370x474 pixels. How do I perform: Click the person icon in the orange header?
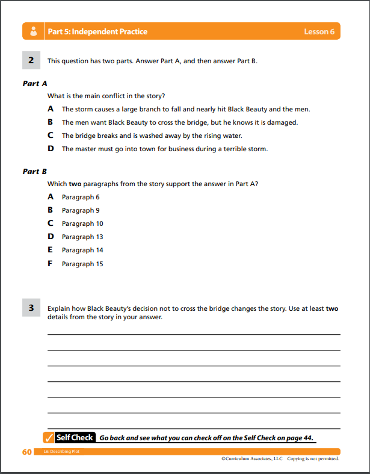[x=33, y=31]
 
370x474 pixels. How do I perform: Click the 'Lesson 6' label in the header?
[x=319, y=31]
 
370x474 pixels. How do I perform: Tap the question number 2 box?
[x=31, y=60]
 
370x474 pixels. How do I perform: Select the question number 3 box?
[x=31, y=308]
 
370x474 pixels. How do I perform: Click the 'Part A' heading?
[x=35, y=84]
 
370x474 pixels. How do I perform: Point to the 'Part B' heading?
[x=35, y=172]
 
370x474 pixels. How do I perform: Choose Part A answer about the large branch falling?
[x=186, y=109]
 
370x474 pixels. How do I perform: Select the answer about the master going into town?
[x=164, y=149]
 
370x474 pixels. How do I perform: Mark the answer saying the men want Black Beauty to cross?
[x=179, y=122]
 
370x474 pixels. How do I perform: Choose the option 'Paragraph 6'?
[x=81, y=197]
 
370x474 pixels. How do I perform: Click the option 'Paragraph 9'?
[x=81, y=210]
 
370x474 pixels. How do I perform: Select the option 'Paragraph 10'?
[x=82, y=223]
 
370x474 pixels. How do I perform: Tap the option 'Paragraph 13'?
[x=82, y=237]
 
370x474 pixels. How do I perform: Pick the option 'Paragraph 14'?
[x=82, y=250]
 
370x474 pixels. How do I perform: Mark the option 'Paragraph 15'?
[x=82, y=264]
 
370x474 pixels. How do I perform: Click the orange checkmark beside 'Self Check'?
[x=49, y=438]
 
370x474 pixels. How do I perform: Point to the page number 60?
[x=26, y=452]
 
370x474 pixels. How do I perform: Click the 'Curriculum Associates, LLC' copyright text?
[x=253, y=459]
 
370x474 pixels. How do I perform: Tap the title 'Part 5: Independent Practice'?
[x=97, y=31]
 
